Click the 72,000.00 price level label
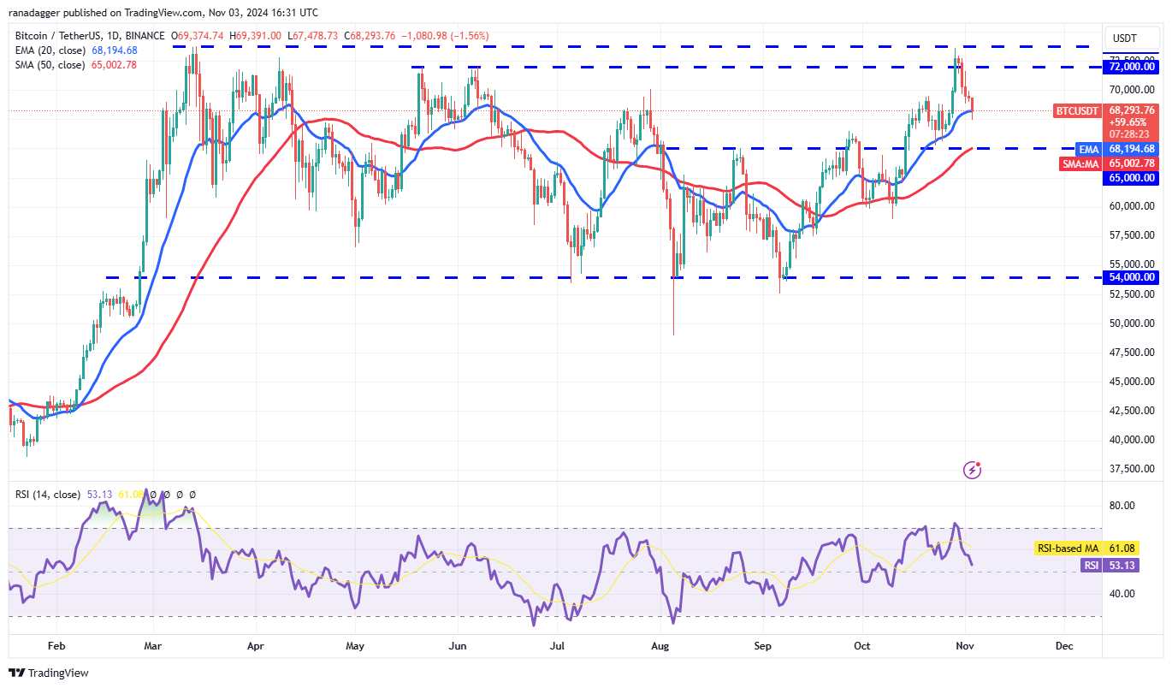click(1132, 67)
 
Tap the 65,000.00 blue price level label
click(1132, 178)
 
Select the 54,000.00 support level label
click(1132, 277)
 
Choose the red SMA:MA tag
click(1080, 163)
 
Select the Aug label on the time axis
click(659, 646)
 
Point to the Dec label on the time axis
click(1063, 646)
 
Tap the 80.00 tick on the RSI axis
click(1122, 506)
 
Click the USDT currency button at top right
click(1123, 38)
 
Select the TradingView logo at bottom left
click(49, 673)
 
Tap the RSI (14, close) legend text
click(48, 495)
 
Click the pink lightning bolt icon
click(972, 470)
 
